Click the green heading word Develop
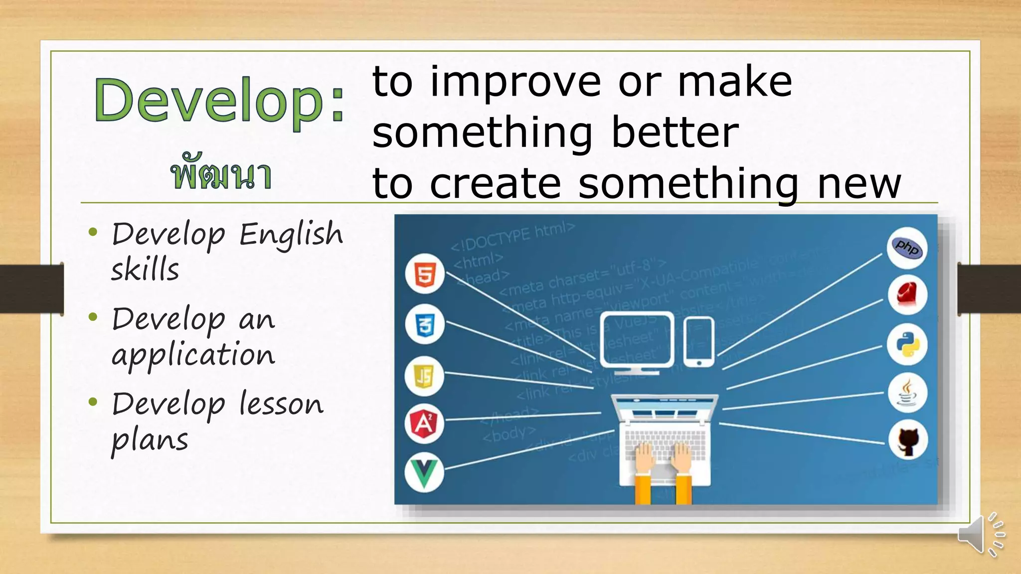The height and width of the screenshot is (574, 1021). tap(209, 101)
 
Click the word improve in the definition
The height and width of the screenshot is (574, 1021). tap(515, 83)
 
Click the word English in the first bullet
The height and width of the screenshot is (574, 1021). tap(291, 234)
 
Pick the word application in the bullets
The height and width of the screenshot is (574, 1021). tap(193, 355)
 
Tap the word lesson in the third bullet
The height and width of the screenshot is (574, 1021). tap(281, 404)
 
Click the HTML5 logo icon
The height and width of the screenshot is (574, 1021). tap(425, 274)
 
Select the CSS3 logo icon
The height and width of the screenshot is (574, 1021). tap(425, 325)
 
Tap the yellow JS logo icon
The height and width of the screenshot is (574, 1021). tap(424, 376)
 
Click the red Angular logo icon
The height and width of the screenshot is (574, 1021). tap(424, 424)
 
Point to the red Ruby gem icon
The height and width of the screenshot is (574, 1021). tap(907, 295)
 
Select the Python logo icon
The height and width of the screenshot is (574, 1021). tap(907, 344)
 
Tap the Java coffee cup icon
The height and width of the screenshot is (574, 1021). tap(907, 392)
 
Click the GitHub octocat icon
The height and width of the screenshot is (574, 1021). tap(908, 440)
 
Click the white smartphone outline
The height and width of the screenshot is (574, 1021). tap(698, 342)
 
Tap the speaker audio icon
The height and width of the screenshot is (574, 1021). tap(980, 535)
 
